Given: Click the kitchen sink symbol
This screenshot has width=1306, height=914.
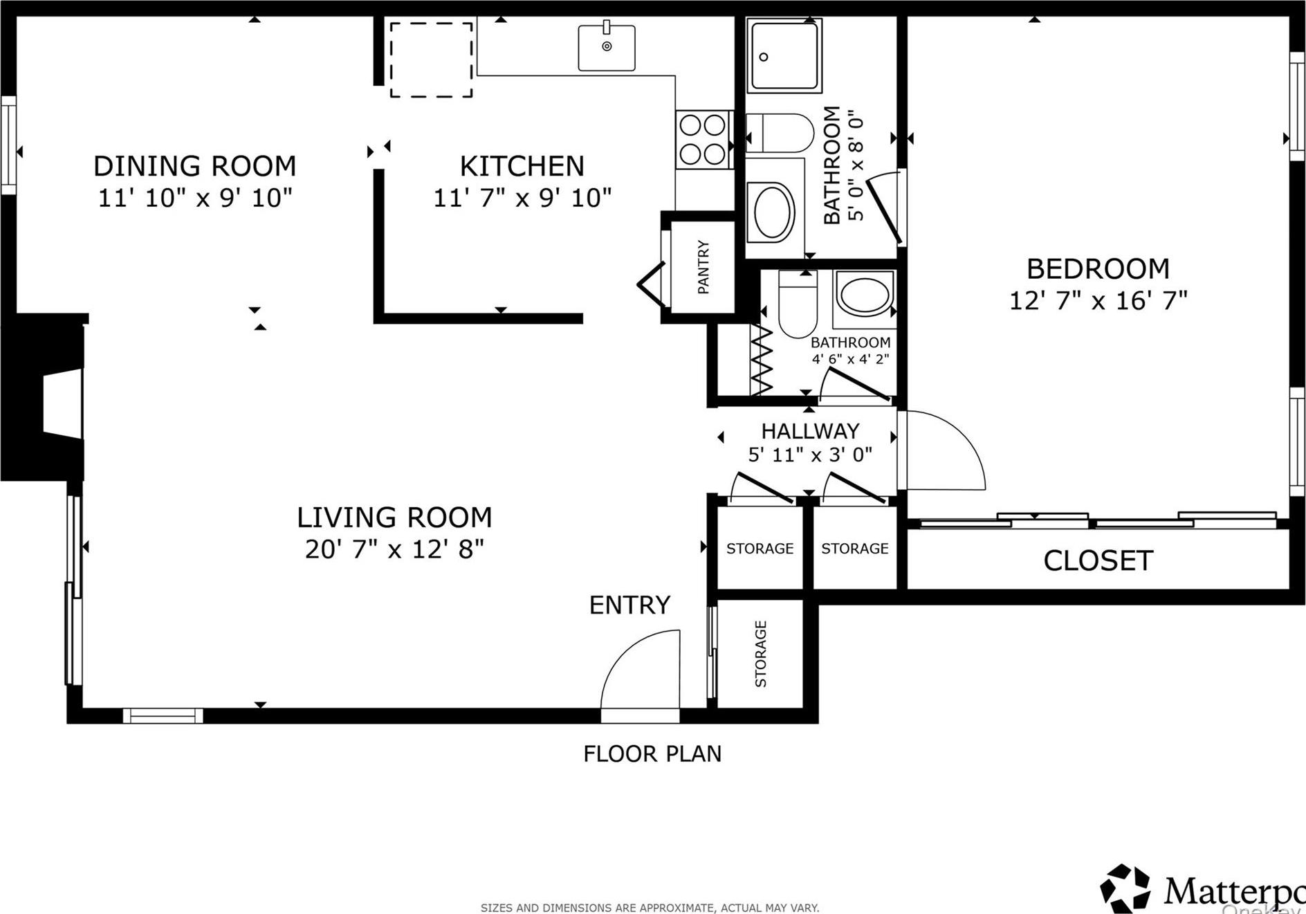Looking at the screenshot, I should (x=607, y=47).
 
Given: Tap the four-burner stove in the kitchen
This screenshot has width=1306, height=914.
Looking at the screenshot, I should (x=703, y=140).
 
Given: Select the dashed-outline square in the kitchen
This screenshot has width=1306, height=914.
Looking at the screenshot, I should (x=431, y=60).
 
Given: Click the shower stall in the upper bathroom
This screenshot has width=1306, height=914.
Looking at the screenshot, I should (x=784, y=55).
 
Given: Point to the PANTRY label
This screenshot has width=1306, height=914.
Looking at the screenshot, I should (x=703, y=267).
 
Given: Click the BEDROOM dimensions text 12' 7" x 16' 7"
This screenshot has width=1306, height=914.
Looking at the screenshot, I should (x=1098, y=301).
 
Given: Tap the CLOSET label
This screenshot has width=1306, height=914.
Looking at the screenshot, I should (x=1098, y=560).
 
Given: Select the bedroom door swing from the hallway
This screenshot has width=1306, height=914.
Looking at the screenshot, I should (x=944, y=450).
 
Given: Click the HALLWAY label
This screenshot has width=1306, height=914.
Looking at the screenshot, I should (x=810, y=431).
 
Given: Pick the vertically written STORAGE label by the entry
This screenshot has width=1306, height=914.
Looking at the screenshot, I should (x=761, y=654).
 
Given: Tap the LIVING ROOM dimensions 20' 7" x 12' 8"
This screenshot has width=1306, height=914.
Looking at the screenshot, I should (x=394, y=549).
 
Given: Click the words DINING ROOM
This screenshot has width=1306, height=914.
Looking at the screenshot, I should (x=194, y=166).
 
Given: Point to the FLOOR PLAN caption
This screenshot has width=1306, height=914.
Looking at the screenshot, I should (x=652, y=753).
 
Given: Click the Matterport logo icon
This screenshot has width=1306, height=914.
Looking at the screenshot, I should (x=1125, y=888).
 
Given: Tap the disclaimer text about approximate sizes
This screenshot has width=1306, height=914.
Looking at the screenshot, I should (x=650, y=908).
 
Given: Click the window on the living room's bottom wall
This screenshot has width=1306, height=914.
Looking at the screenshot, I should (x=163, y=715).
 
